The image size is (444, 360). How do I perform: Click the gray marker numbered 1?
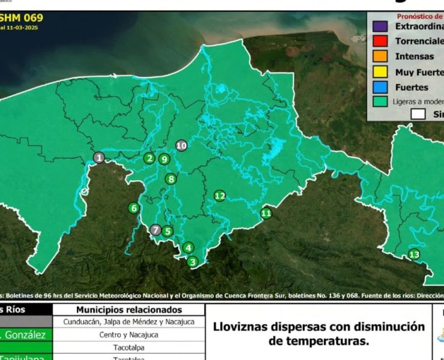tap(99, 158)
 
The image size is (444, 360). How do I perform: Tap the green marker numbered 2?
tap(149, 158)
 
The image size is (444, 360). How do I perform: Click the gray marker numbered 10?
tap(182, 145)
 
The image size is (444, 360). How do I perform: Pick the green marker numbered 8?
tap(172, 179)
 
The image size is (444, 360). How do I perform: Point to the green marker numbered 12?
tap(220, 196)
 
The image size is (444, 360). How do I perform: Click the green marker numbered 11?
tap(266, 213)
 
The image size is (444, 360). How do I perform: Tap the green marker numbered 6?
tap(133, 208)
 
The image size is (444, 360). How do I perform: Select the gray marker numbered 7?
tap(156, 230)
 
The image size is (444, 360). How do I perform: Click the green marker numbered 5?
tap(168, 231)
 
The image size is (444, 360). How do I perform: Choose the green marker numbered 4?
tap(188, 248)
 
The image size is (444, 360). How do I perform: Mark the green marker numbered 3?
tap(193, 262)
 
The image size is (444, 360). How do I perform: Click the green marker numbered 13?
tap(414, 254)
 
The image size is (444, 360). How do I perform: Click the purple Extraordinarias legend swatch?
tap(379, 26)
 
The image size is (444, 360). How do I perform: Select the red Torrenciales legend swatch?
tap(379, 41)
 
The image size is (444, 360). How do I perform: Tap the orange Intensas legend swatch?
tap(379, 57)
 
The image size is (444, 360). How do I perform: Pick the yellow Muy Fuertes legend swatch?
tap(379, 72)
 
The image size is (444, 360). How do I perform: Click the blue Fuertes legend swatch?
tap(379, 88)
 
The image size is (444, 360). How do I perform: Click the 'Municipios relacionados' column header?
tap(128, 310)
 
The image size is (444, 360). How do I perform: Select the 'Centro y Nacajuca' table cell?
tap(128, 335)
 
